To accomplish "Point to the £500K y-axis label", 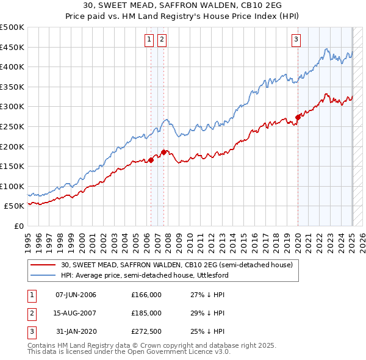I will pos(12,27).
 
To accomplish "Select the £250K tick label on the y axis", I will pos(12,126).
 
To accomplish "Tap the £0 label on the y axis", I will pos(18,226).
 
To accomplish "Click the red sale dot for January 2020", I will pos(298,117).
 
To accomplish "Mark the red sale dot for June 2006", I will pos(151,160).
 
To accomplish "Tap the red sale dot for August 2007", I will pos(163,152).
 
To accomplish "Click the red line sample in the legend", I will pos(43,265).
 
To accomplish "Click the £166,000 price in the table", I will pos(146,295).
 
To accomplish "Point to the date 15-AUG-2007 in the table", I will pos(76,313).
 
